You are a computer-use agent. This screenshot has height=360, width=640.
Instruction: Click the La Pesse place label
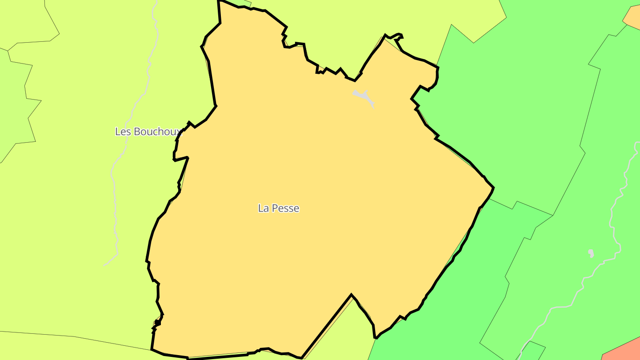[x=279, y=208]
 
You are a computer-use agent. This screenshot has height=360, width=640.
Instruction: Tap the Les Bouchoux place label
[x=148, y=132]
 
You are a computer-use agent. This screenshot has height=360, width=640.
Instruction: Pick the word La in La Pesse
[x=263, y=208]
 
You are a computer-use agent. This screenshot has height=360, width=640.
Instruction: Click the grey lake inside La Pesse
[x=364, y=96]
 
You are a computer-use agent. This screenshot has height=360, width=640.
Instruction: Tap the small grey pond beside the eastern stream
[x=591, y=253]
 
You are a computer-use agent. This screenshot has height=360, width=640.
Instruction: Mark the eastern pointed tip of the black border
[x=493, y=188]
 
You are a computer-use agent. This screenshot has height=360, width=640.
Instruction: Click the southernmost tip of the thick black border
[x=301, y=358]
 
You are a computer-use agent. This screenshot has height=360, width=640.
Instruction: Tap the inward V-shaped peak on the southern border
[x=352, y=295]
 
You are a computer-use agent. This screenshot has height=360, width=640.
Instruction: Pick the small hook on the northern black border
[x=399, y=36]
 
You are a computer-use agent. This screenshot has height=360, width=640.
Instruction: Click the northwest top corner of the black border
[x=219, y=1]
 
